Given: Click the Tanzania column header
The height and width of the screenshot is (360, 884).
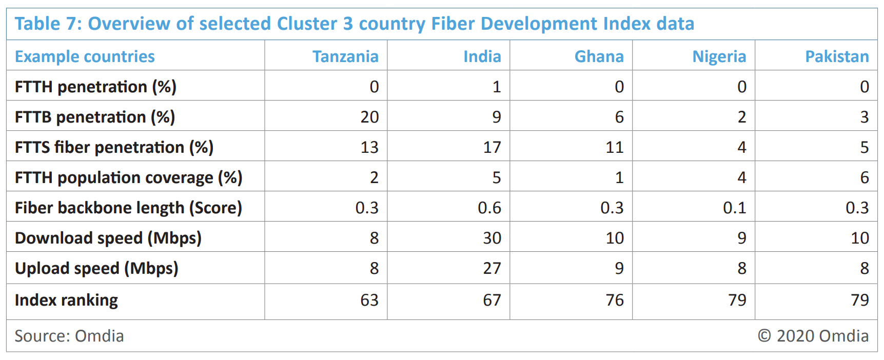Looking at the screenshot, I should [345, 56].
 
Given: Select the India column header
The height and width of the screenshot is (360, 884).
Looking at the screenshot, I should [482, 56].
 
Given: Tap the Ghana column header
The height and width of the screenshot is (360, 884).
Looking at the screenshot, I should [599, 56].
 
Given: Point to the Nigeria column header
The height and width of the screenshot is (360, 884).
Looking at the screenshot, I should [719, 56].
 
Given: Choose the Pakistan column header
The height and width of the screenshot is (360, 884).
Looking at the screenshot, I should [837, 56].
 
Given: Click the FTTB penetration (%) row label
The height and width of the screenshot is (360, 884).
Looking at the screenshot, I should [95, 117].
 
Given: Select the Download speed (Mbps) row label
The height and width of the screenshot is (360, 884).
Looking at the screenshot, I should [108, 238].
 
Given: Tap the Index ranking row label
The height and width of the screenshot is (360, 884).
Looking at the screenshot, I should [66, 300].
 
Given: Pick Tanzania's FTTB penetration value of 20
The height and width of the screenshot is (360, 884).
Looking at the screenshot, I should [369, 117].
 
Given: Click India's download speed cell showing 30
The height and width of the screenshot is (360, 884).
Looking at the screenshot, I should [492, 238].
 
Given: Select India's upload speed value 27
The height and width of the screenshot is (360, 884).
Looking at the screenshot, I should [492, 268].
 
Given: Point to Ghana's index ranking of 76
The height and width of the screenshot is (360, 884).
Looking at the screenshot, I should [615, 300].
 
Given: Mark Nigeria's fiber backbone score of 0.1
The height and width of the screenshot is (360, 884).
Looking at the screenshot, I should [734, 208].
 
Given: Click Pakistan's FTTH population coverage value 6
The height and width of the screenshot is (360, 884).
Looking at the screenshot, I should [865, 177].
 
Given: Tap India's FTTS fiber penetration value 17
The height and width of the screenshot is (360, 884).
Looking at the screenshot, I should [492, 147].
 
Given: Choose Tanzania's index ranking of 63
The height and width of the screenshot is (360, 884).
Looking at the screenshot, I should [369, 300].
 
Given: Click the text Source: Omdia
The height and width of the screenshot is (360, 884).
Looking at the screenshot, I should [69, 336].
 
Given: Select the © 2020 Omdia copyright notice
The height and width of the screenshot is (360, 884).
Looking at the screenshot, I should [813, 336].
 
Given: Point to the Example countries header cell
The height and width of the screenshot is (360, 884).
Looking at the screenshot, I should [85, 56].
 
